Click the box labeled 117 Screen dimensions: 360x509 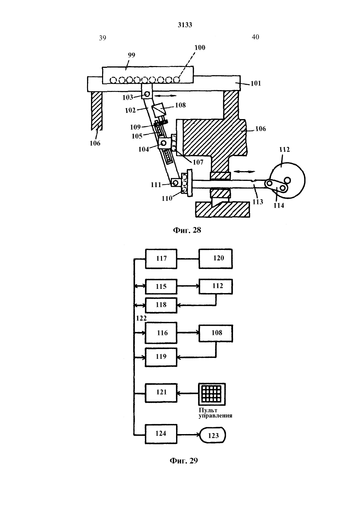(161, 259)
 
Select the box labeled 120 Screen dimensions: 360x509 (216, 259)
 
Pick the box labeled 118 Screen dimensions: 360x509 (161, 305)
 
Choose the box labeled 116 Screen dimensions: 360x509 (161, 333)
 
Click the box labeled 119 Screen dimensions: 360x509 (161, 357)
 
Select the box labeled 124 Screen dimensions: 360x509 (161, 434)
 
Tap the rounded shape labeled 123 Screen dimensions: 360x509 (213, 435)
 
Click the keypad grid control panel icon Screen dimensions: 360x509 (212, 394)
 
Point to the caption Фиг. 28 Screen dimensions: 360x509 (187, 230)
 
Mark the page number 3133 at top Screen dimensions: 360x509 (185, 25)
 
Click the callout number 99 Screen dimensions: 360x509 (131, 55)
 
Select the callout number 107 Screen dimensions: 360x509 (198, 162)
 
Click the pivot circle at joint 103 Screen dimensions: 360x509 (147, 94)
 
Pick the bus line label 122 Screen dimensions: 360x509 (141, 318)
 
